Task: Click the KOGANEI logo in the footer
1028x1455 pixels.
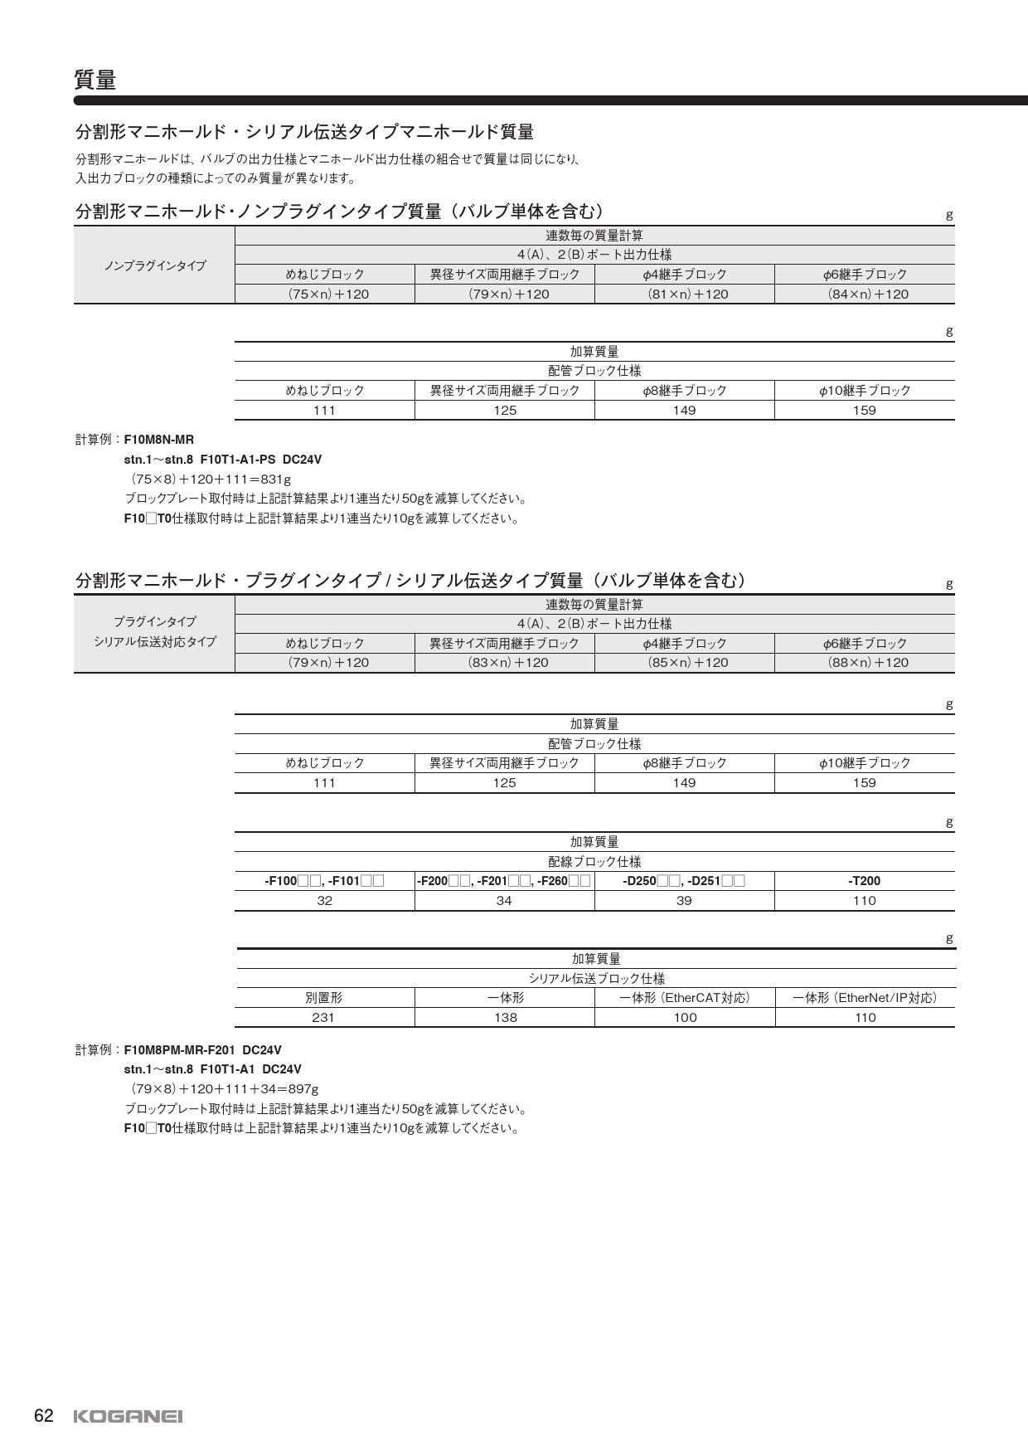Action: pos(128,1417)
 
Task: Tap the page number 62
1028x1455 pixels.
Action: pos(44,1416)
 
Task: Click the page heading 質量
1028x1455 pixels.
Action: pos(95,80)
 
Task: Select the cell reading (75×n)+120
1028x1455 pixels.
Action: pos(328,294)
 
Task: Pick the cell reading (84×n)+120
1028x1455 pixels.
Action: pos(867,294)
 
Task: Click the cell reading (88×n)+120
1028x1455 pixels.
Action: pos(867,662)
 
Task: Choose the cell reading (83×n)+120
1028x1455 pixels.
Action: pos(507,662)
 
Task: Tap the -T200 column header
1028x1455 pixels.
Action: pos(864,881)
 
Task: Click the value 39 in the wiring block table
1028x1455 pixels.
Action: pos(684,900)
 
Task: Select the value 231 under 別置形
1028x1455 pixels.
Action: pos(323,1017)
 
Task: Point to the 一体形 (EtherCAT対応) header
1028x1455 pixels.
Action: pos(685,998)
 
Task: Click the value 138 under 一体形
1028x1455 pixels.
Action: pos(505,1017)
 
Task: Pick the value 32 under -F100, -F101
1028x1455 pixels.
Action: pos(324,900)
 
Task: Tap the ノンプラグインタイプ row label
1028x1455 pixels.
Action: pos(155,265)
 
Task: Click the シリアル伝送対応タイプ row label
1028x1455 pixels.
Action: pos(155,642)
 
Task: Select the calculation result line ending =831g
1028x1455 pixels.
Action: pos(211,479)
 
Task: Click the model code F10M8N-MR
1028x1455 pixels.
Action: pos(158,440)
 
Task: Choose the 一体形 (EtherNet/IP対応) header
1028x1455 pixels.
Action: pos(865,998)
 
